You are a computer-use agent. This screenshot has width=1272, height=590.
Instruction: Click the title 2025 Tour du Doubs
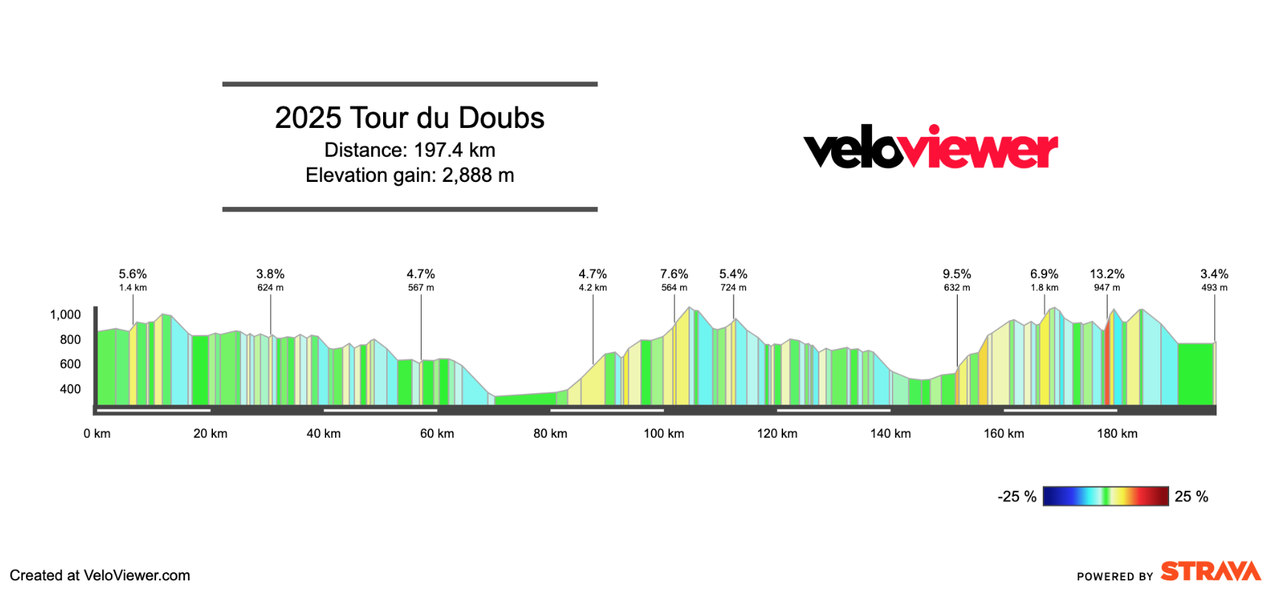pos(409,118)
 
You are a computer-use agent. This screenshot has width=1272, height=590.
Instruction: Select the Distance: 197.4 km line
pos(409,150)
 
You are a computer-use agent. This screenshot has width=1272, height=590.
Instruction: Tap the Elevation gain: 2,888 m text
pos(409,175)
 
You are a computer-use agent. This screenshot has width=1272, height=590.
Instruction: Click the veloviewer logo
pos(930,148)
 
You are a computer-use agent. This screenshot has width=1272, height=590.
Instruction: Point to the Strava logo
pos(1210,572)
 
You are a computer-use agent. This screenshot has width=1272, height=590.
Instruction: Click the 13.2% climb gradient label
pos(1106,274)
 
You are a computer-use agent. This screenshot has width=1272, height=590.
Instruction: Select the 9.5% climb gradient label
pos(956,274)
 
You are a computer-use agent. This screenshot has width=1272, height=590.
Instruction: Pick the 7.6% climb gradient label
pos(674,274)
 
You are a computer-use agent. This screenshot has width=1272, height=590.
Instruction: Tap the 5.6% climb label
pos(132,274)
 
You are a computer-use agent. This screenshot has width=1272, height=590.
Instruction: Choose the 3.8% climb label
pos(270,274)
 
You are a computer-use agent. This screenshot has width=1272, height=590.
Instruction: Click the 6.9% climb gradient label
pos(1044,274)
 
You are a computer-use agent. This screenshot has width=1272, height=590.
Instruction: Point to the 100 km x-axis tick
pos(663,434)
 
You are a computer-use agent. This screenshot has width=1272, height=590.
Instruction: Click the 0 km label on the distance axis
pos(97,434)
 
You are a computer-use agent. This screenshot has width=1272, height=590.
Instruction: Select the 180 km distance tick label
pos(1117,434)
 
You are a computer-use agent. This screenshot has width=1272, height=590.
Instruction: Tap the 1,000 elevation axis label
pos(65,315)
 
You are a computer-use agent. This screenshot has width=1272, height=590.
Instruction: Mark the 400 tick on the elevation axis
pos(70,389)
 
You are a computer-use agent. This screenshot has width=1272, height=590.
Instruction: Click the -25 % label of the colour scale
pos(1017,497)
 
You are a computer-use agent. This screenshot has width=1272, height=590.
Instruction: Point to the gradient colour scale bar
pos(1106,496)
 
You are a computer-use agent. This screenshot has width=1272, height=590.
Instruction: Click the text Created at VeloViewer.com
pos(100,575)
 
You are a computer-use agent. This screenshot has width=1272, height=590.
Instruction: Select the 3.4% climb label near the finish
pos(1214,274)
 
